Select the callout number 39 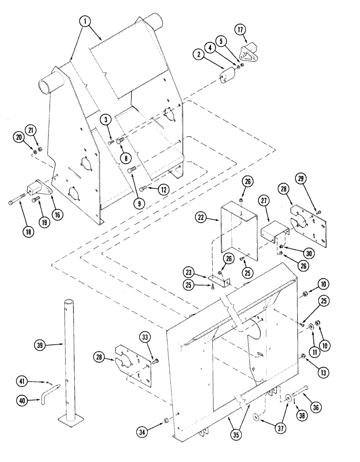[x=41, y=344]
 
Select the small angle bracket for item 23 [x=221, y=281]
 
